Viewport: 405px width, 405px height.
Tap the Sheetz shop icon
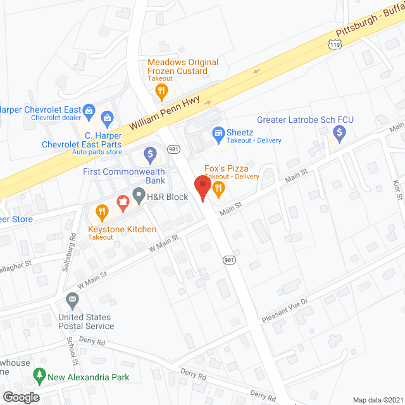(x=218, y=133)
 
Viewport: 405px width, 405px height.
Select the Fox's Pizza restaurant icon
(x=218, y=187)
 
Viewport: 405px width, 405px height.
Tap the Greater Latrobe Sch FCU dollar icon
(x=340, y=133)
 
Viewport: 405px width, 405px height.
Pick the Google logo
(x=21, y=397)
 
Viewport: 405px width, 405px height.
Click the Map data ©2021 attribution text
(x=377, y=400)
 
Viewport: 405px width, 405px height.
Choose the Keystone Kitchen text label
(x=123, y=228)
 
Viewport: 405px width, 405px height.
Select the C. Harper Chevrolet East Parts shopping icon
(x=108, y=116)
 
